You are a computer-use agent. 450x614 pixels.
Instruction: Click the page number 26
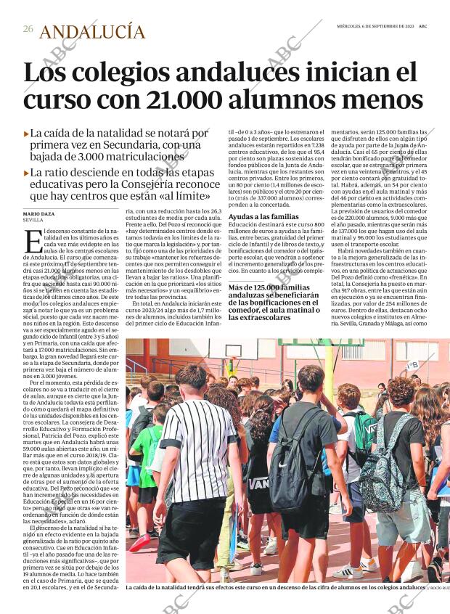(x=28, y=30)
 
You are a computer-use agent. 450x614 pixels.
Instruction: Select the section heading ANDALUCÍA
(x=92, y=31)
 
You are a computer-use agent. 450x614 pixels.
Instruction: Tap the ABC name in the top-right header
(x=432, y=25)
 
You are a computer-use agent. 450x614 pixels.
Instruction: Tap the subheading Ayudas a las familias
(x=263, y=217)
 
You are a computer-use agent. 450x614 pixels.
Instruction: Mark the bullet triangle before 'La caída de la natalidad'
(x=26, y=134)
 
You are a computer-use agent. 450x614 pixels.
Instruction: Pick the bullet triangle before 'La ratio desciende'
(x=26, y=173)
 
